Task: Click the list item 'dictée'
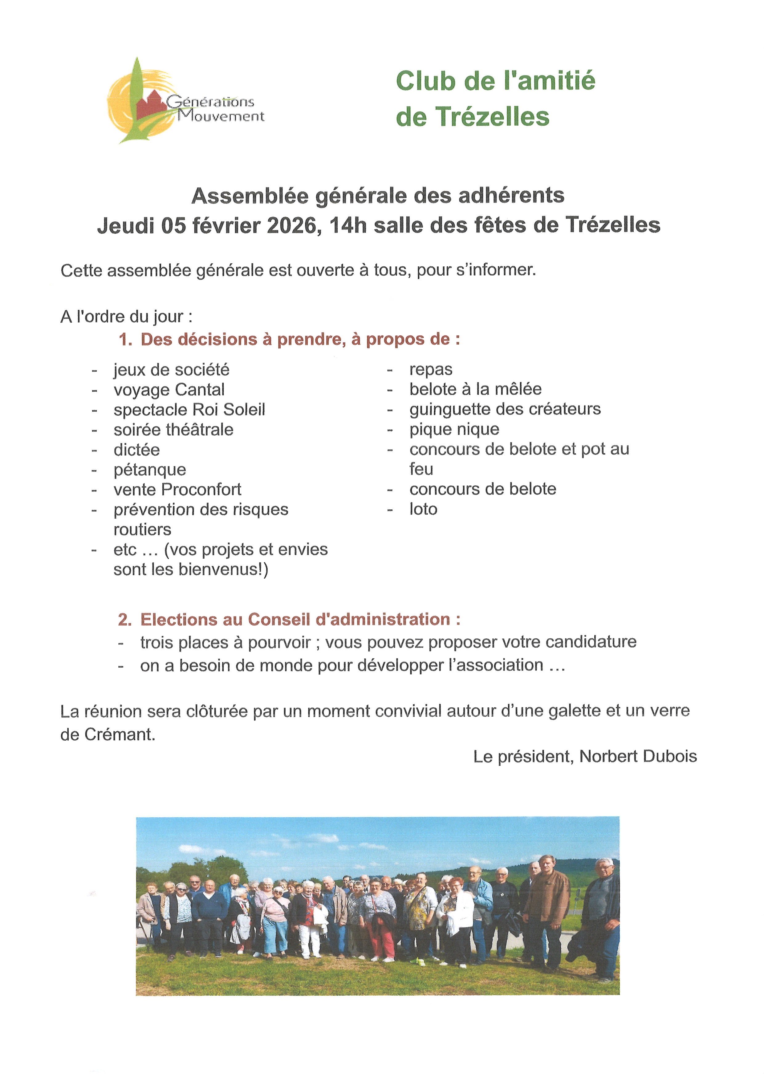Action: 136,450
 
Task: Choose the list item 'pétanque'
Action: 150,470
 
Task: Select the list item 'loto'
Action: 423,509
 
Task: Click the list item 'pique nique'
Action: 454,430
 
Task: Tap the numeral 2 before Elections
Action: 123,620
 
